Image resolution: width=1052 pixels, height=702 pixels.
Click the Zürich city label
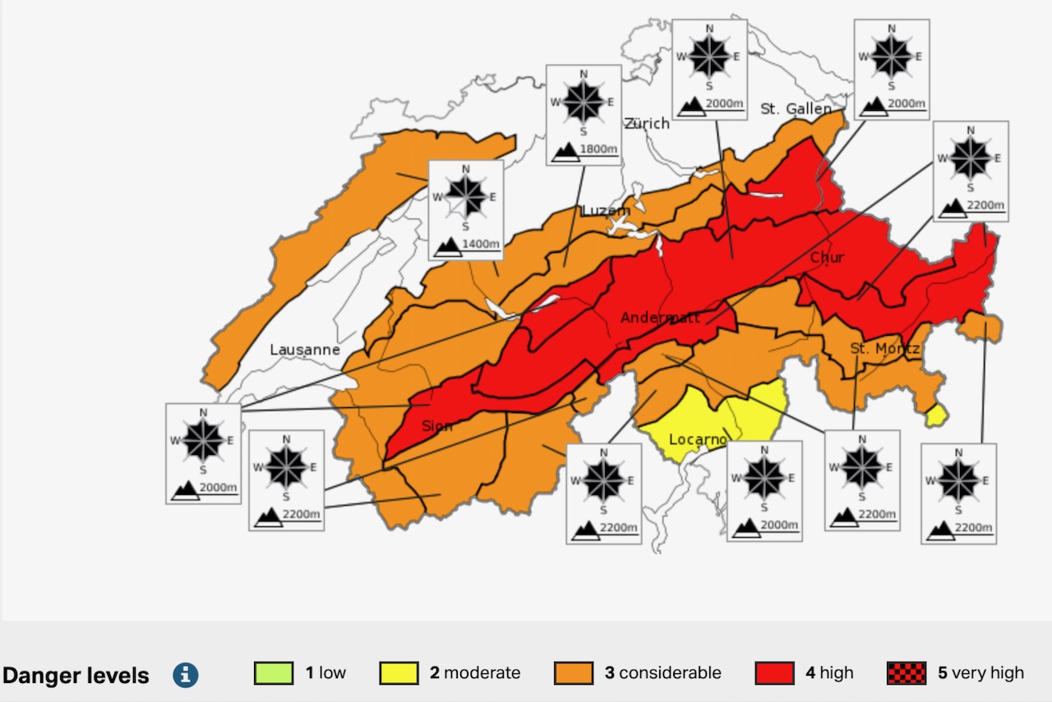click(x=647, y=123)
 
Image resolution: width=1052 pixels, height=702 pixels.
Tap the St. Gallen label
click(x=796, y=108)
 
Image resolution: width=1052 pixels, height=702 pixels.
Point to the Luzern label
click(x=606, y=211)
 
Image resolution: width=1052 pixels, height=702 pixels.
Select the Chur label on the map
click(x=827, y=258)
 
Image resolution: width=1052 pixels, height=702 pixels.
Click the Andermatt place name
click(x=661, y=318)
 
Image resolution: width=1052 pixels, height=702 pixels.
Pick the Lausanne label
click(x=305, y=350)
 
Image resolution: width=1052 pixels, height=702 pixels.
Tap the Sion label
click(x=437, y=425)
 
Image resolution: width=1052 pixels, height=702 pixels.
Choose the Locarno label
click(x=698, y=439)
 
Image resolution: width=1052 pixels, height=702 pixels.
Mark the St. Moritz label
click(x=884, y=349)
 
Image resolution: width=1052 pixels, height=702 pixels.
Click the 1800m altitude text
click(x=598, y=149)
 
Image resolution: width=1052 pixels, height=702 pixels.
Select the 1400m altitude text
click(x=480, y=244)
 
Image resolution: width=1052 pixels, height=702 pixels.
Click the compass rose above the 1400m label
click(x=466, y=196)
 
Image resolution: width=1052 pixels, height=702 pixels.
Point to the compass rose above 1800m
click(x=584, y=102)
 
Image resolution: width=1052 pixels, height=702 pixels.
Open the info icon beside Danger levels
click(x=186, y=675)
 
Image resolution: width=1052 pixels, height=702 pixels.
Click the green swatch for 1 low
click(x=274, y=673)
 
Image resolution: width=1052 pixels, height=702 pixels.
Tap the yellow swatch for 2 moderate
click(x=399, y=673)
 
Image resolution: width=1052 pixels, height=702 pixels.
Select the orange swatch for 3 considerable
click(x=574, y=673)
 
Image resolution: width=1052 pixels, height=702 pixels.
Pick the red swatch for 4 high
click(x=775, y=673)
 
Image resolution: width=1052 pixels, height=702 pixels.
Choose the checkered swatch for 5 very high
click(x=907, y=673)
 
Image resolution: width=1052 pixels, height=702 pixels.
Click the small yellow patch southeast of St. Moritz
click(x=935, y=416)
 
